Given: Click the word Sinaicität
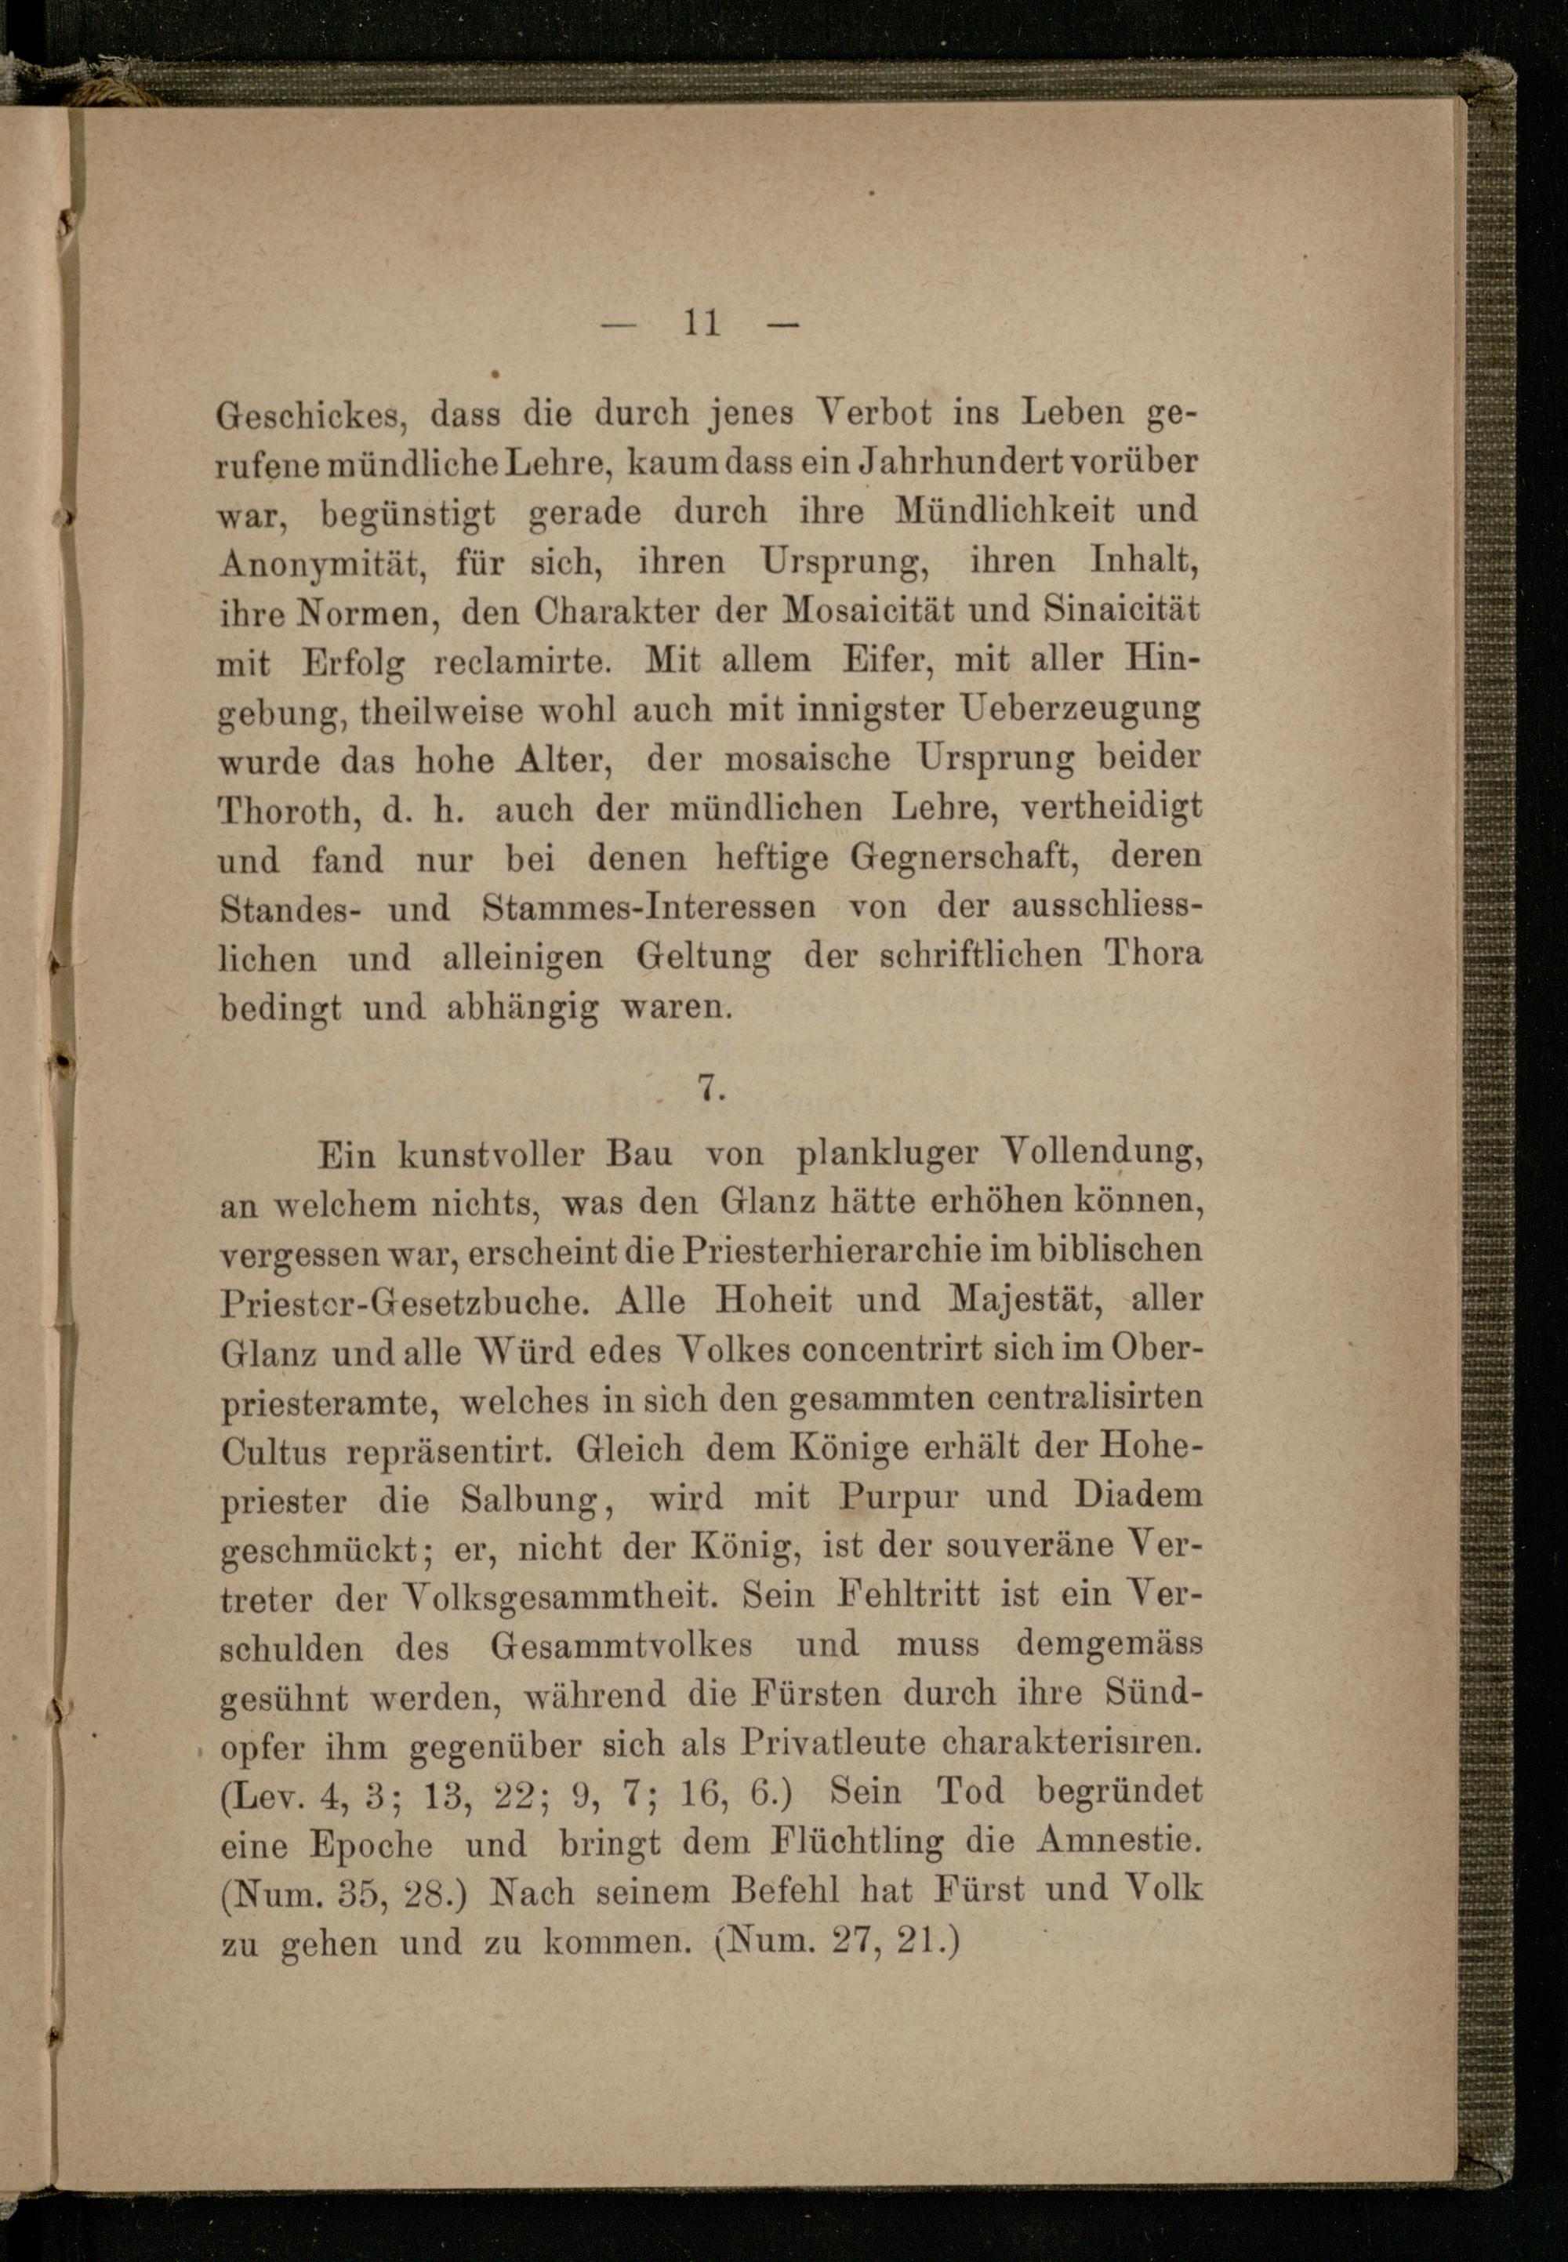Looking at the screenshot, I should tap(1121, 610).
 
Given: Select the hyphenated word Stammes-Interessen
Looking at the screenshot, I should tap(648, 907).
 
